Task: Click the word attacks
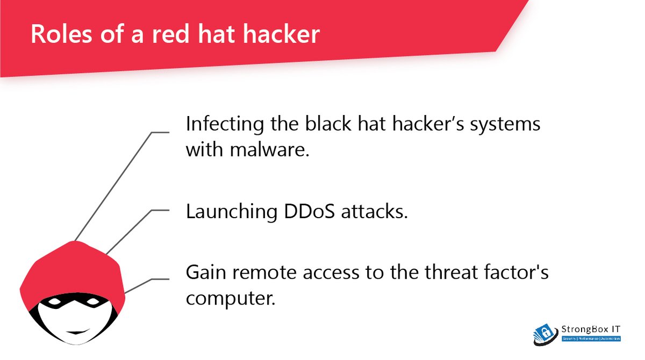379,211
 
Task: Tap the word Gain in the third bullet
205,272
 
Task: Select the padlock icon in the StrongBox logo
546,332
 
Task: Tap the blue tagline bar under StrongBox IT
591,339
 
